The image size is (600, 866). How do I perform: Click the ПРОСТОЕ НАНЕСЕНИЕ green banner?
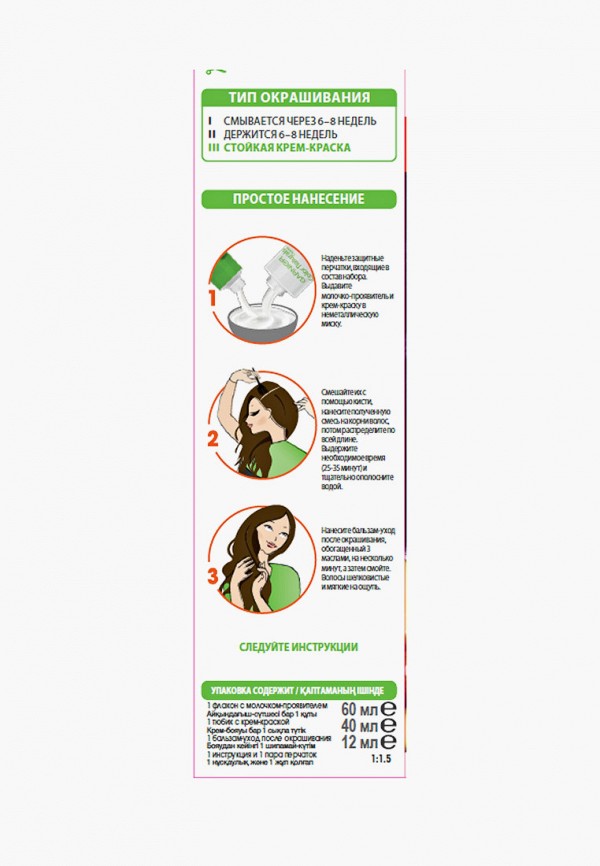[298, 198]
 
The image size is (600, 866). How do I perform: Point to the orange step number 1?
[212, 298]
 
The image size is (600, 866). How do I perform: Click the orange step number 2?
[212, 438]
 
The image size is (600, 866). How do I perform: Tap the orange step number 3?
[212, 575]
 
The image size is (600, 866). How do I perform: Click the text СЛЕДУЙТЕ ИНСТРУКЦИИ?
[298, 647]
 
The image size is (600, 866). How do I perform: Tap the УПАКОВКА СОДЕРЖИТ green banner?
[298, 690]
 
